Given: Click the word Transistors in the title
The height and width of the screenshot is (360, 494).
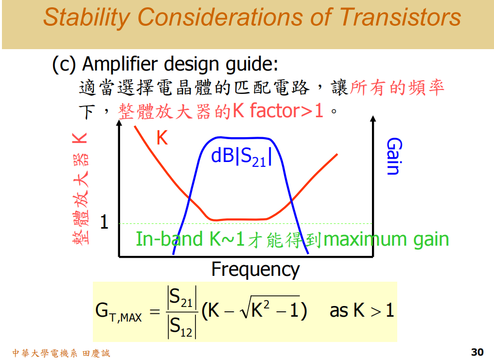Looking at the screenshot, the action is tap(400, 18).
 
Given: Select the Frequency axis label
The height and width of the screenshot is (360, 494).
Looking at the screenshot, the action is tap(255, 269).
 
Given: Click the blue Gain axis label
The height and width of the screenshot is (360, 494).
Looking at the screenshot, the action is tap(393, 156).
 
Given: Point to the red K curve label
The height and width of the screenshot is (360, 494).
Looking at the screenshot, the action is tap(162, 139).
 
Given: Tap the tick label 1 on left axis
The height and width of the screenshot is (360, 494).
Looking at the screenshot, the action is tap(104, 222).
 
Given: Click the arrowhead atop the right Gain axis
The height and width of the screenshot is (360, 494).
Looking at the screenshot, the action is tap(373, 119).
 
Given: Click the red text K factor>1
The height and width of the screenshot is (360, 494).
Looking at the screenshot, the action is tap(278, 111).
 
